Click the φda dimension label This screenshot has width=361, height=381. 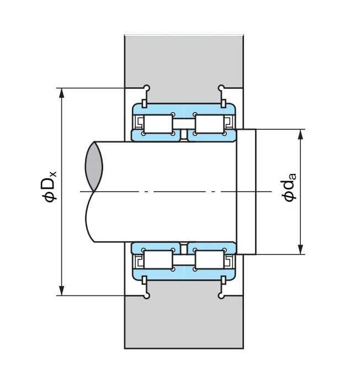[289, 187]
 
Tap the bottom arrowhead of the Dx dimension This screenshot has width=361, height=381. [62, 290]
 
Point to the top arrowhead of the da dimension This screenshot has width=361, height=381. [300, 134]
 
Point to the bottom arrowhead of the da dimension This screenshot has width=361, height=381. [300, 250]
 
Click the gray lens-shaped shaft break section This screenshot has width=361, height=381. [94, 166]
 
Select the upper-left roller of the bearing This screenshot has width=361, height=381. [158, 124]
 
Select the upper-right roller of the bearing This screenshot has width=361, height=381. [209, 124]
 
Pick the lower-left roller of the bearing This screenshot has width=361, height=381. [158, 260]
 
